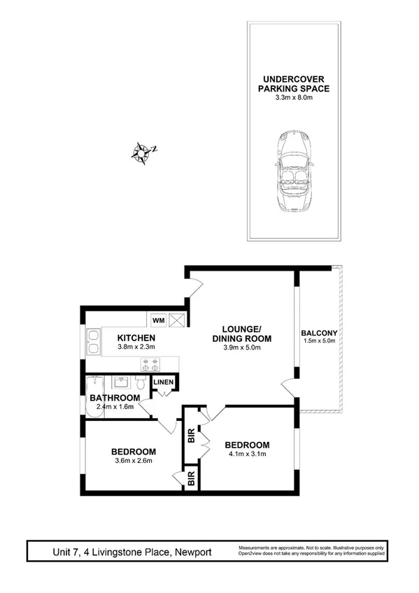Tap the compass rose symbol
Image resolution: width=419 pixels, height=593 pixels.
click(x=143, y=152)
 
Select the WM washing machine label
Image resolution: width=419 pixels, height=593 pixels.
click(x=158, y=320)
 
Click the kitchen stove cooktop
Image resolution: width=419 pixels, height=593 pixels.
click(x=150, y=363)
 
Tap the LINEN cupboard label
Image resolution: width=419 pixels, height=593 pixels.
click(x=164, y=382)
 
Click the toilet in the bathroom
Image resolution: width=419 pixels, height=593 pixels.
click(x=141, y=384)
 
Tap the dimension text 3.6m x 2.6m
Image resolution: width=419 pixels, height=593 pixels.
click(x=134, y=460)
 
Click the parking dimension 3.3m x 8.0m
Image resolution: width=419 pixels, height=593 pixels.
click(x=293, y=99)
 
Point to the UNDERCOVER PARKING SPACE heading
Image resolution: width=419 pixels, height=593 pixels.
click(x=293, y=84)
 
